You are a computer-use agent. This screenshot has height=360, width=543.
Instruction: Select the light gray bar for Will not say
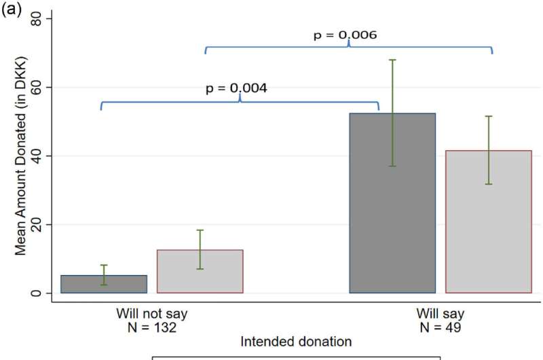pos(200,272)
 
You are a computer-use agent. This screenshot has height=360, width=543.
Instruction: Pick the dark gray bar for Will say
pos(392,204)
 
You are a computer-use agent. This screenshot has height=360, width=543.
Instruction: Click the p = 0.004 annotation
pos(236,88)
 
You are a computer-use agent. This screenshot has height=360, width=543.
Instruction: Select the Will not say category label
pos(151,314)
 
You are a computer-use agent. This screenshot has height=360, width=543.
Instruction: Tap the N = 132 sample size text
pos(151,327)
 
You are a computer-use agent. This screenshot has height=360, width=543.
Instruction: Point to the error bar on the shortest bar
pos(104,274)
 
